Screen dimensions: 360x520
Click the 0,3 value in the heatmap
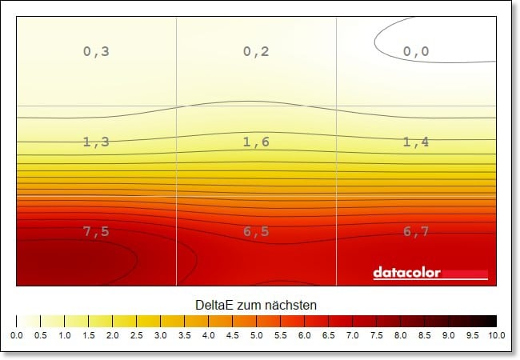pos(96,52)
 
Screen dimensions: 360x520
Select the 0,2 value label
pos(256,52)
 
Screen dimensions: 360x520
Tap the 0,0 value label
pos(416,52)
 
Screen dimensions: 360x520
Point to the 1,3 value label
pos(96,142)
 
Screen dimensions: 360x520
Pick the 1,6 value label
pos(256,142)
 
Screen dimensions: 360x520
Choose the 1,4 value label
pos(416,142)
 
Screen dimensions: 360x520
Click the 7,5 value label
pos(96,232)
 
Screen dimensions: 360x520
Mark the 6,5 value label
pos(256,232)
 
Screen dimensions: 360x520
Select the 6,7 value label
pos(416,232)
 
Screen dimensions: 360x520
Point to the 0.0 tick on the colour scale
pos(16,336)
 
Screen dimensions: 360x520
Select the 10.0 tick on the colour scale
pos(495,336)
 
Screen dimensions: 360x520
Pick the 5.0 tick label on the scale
pos(256,336)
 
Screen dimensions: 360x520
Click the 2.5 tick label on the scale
pos(136,336)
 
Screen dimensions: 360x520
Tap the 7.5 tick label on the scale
pos(376,336)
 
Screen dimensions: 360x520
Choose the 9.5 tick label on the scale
pos(472,336)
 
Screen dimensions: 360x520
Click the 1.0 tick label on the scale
pos(64,336)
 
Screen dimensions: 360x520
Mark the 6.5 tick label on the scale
pos(328,336)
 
